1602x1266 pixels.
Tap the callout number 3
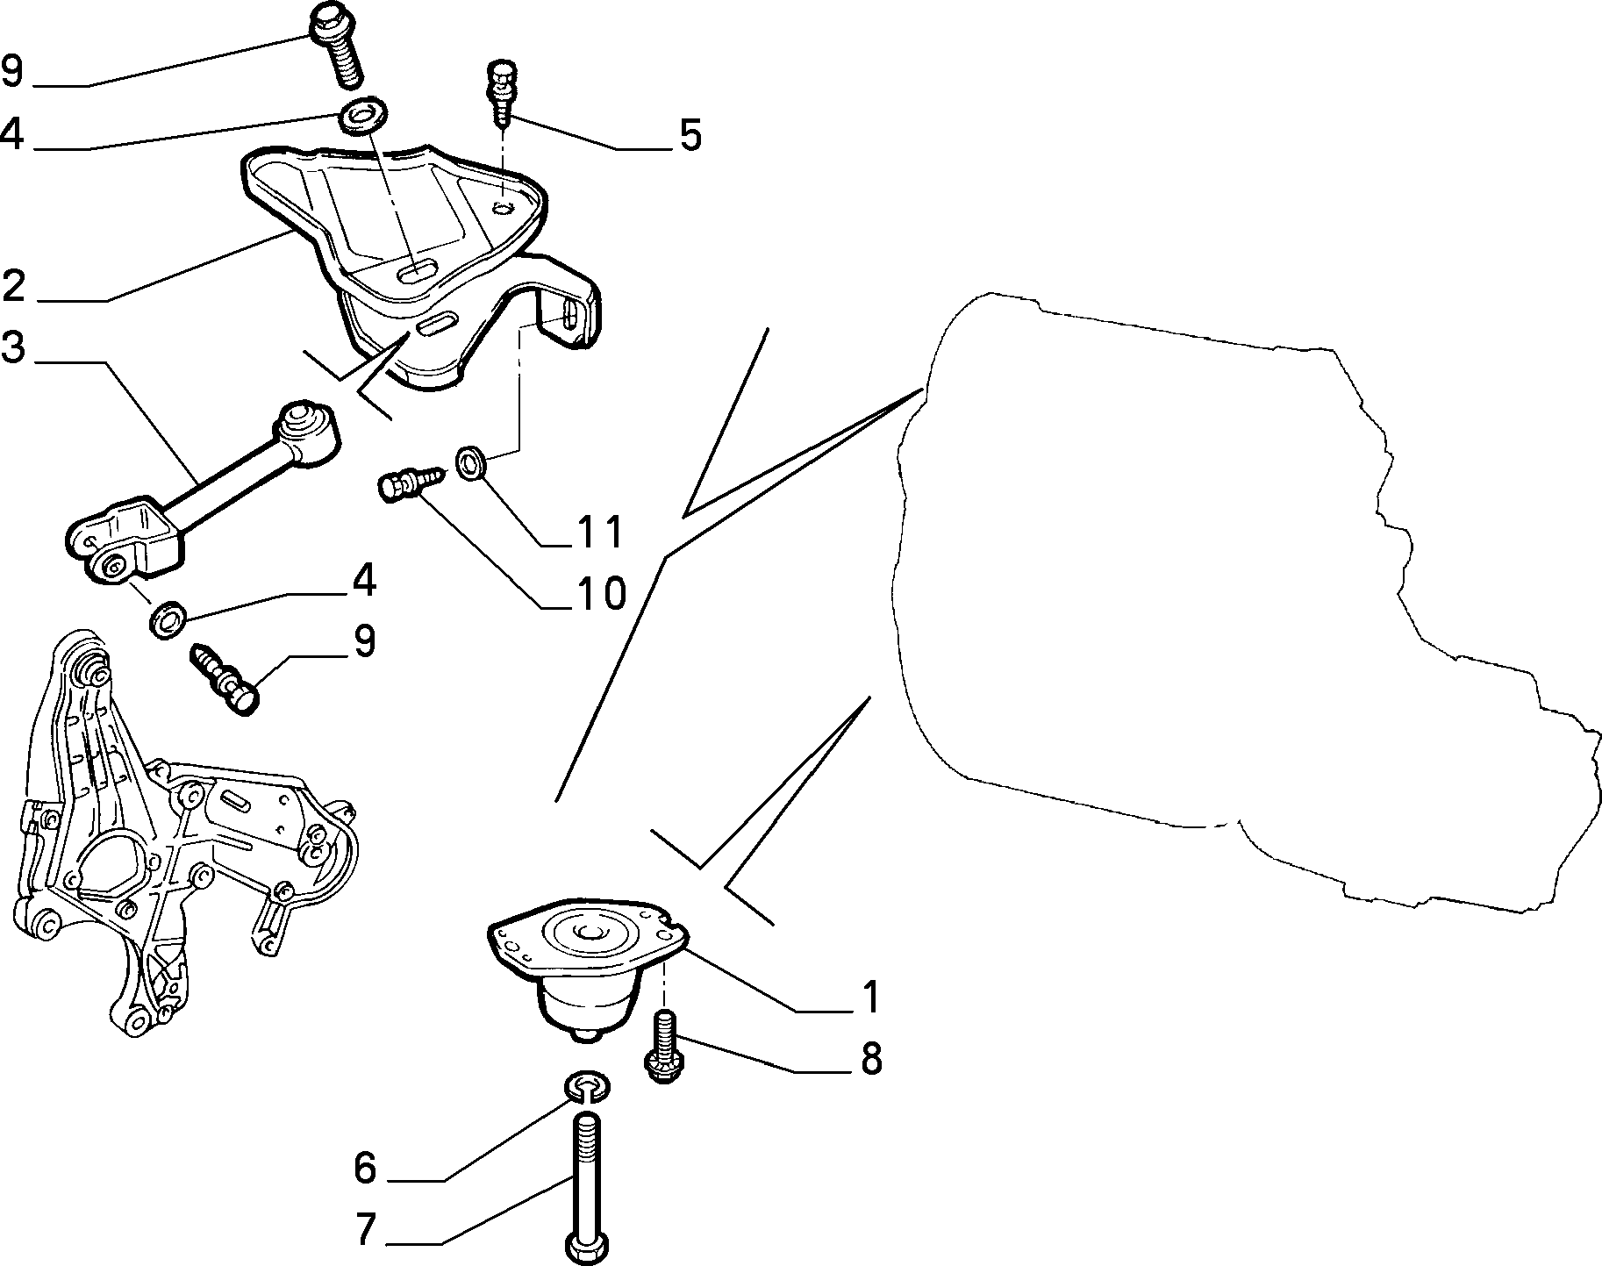(x=13, y=347)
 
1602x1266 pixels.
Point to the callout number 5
(x=690, y=136)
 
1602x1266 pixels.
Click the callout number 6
(x=364, y=1168)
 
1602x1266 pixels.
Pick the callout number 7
(x=366, y=1231)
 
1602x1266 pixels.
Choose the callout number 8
(x=870, y=1059)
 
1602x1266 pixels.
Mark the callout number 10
(x=601, y=594)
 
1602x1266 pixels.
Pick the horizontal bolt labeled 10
(x=412, y=482)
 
